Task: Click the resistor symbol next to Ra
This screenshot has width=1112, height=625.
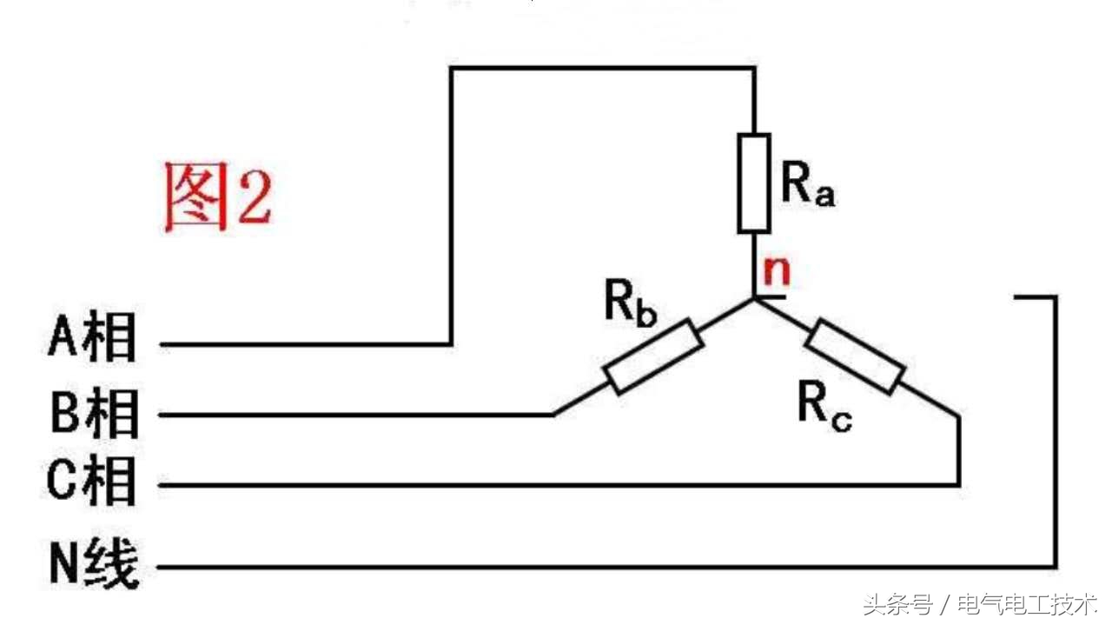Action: tap(754, 183)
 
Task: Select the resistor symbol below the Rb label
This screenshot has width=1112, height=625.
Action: tap(654, 356)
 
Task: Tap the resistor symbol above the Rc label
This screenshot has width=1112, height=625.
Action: tap(855, 356)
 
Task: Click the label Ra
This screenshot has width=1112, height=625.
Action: tap(807, 184)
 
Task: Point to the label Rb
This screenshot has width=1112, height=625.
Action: tap(630, 303)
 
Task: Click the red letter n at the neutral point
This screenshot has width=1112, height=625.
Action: tap(777, 271)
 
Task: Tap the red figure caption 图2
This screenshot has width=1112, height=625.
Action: tap(218, 197)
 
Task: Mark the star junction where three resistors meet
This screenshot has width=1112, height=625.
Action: tap(754, 299)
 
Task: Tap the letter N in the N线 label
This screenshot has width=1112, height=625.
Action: tap(64, 565)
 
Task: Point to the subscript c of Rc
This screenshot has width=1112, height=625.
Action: tap(841, 421)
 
